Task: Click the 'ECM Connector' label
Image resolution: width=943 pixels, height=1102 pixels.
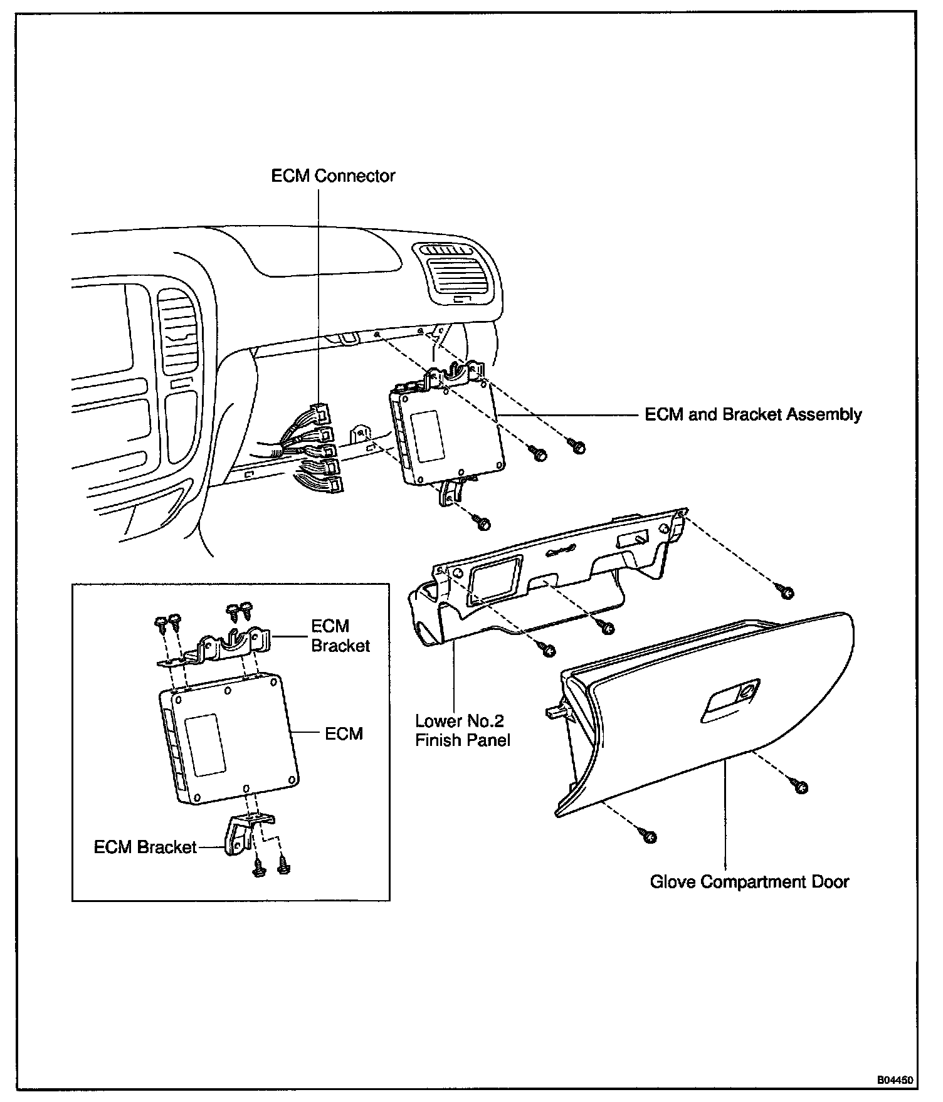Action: point(333,176)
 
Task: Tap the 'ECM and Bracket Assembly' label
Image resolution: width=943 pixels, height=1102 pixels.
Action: point(753,414)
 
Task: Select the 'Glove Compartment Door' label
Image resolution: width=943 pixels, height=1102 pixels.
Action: point(749,881)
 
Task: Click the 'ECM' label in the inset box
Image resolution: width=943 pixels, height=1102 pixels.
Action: point(344,733)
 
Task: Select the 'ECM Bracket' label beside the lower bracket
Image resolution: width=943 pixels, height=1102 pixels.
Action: point(145,847)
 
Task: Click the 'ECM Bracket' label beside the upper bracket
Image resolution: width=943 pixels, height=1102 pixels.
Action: point(340,636)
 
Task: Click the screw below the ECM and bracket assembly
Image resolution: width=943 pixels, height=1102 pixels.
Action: point(482,522)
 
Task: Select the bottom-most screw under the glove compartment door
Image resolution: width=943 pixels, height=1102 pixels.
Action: point(649,836)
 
